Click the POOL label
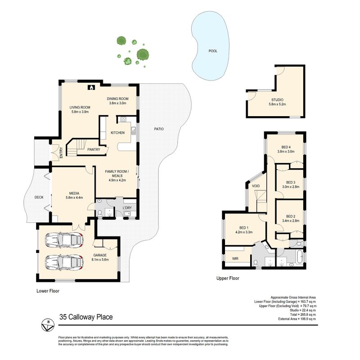point(213,51)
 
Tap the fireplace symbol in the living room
point(91,87)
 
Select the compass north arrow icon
point(48,325)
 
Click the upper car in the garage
point(64,240)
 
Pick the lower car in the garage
point(64,262)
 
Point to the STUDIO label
point(277,100)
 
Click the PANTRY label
point(94,149)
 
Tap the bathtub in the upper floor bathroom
point(300,256)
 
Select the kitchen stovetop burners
point(123,119)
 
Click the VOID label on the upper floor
point(256,186)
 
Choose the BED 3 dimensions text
point(291,187)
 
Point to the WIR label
point(235,258)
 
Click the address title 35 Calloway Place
point(86,317)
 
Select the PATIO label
point(159,129)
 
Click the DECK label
point(39,197)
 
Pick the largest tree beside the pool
point(143,54)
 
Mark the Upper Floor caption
point(228,278)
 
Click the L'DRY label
point(127,208)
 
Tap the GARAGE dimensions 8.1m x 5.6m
point(100,260)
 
